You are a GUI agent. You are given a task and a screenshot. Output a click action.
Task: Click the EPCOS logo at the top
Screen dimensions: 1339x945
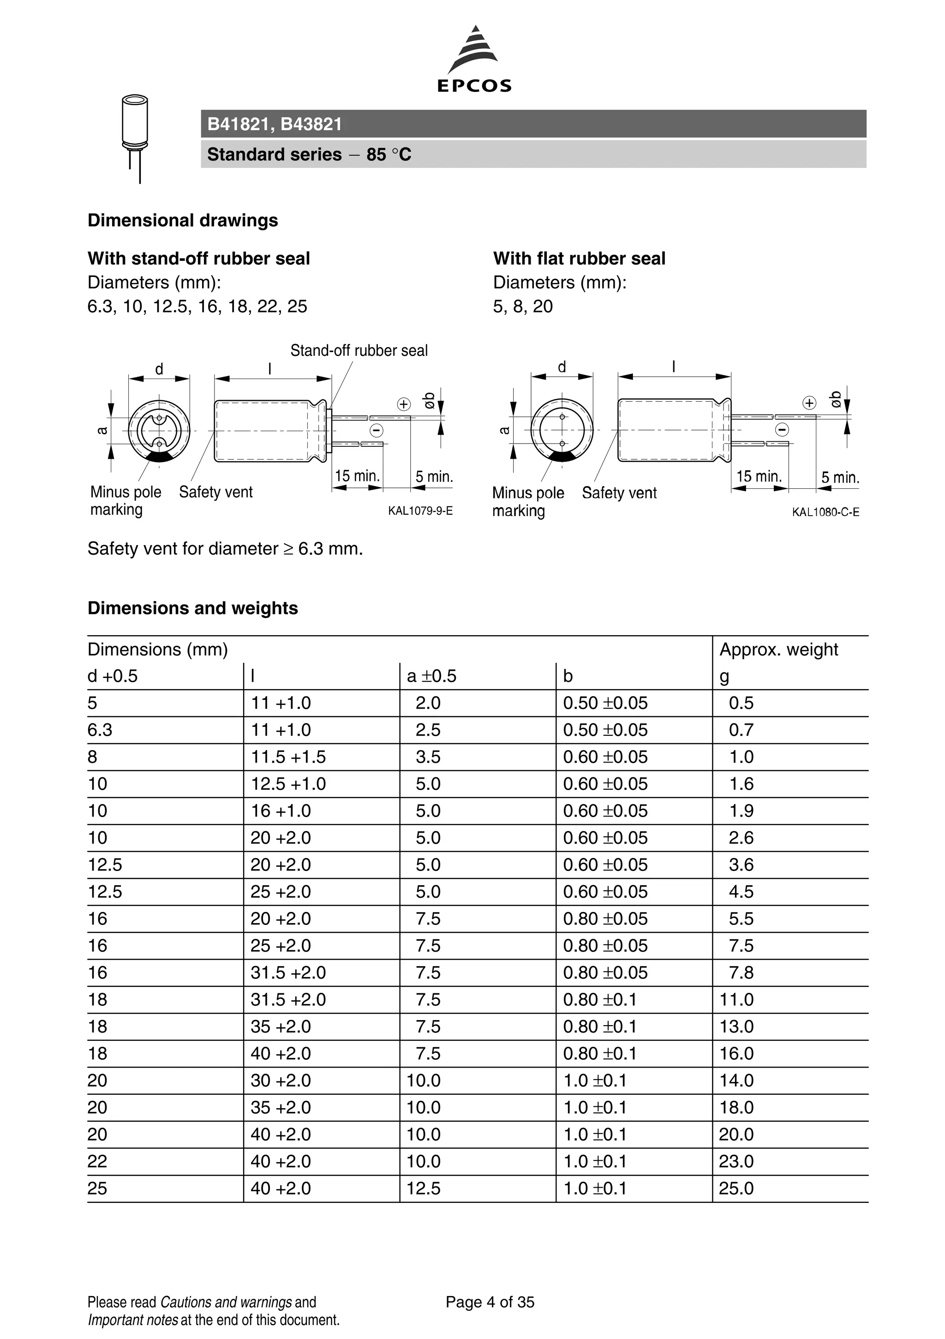[x=474, y=60]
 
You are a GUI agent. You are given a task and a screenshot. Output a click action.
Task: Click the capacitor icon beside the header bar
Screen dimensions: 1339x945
[x=135, y=138]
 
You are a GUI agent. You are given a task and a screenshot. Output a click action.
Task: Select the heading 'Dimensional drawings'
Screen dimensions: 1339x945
[x=182, y=221]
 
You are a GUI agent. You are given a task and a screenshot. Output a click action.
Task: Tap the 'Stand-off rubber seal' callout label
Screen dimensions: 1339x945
[x=359, y=350]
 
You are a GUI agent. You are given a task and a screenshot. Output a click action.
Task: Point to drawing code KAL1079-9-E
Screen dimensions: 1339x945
[x=420, y=511]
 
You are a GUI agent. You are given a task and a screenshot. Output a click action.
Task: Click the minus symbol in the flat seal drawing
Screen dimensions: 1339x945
[x=782, y=430]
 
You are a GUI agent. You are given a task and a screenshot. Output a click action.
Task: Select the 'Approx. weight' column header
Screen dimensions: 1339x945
[x=778, y=649]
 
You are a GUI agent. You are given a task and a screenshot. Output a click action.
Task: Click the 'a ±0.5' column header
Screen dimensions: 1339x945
[x=431, y=676]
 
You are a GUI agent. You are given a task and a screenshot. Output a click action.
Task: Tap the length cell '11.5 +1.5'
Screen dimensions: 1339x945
[x=288, y=757]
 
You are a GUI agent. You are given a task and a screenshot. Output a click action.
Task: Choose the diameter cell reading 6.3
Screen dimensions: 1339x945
[x=100, y=730]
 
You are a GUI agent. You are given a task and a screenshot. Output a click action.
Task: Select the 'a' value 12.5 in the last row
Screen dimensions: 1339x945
[x=423, y=1188]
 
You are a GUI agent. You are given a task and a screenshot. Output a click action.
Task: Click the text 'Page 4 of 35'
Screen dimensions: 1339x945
[x=490, y=1302]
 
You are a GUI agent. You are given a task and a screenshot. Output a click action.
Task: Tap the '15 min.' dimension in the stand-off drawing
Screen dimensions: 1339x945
[x=357, y=476]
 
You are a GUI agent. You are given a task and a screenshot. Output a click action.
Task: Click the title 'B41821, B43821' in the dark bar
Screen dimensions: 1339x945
[x=275, y=124]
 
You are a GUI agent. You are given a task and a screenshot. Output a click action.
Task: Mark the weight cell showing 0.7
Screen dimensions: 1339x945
[x=741, y=730]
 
